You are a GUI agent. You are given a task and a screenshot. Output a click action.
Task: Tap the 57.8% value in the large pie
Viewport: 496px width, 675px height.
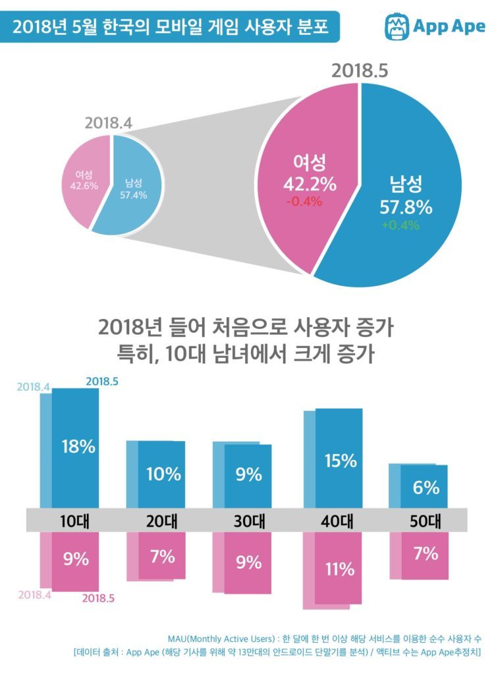tap(406, 207)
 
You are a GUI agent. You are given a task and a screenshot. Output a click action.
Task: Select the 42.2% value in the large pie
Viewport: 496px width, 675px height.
tap(310, 185)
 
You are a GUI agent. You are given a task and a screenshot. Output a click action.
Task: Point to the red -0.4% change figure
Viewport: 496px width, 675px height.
tap(304, 202)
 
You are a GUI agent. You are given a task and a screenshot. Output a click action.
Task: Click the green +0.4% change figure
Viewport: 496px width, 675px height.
tap(400, 225)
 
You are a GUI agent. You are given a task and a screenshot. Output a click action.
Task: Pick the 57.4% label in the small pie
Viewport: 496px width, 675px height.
tap(134, 194)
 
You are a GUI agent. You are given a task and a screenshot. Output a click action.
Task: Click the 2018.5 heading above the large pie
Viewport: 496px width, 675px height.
tap(360, 71)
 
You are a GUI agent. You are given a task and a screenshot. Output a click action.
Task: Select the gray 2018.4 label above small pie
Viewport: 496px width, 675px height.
tap(109, 123)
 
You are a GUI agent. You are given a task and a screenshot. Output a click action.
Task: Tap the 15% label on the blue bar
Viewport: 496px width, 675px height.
tap(341, 461)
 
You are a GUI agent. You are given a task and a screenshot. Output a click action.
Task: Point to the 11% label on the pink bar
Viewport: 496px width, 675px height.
tap(339, 568)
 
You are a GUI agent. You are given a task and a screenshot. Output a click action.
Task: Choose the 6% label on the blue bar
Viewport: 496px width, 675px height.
tap(426, 487)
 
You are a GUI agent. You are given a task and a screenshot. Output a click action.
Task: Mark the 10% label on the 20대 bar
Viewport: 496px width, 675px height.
tap(163, 473)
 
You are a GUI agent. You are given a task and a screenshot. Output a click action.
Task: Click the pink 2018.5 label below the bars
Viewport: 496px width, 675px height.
tap(99, 599)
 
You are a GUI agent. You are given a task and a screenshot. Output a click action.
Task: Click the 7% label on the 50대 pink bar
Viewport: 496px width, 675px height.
tap(426, 553)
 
